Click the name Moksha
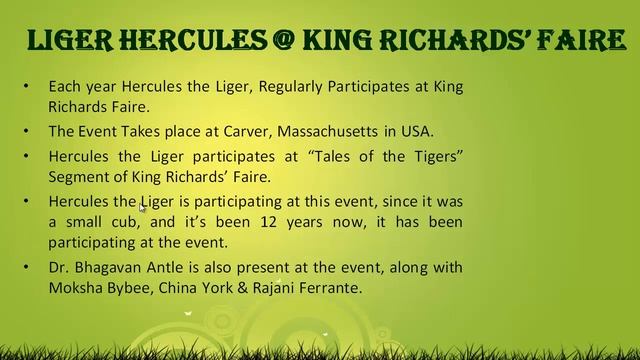[x=76, y=288]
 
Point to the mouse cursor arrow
[x=143, y=207]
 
